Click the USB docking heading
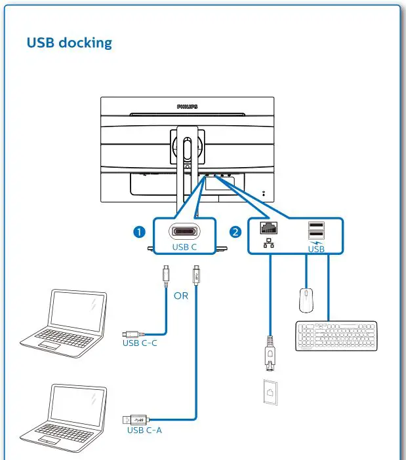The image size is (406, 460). click(69, 43)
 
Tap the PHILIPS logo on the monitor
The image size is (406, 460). click(187, 105)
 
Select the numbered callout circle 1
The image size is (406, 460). click(138, 231)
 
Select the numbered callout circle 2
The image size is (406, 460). click(235, 231)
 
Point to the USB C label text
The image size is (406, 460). click(184, 248)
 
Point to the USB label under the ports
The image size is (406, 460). click(316, 249)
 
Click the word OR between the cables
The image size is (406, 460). click(180, 296)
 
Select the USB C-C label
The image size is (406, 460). click(139, 341)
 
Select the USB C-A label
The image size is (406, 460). click(144, 430)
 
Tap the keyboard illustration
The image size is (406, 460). click(336, 335)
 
